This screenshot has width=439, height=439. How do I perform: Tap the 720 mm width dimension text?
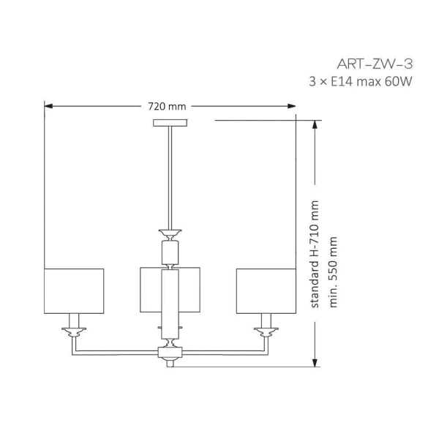[x=168, y=107]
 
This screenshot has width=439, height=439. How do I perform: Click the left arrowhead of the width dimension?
[x=48, y=107]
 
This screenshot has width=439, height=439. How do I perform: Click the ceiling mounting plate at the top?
[x=170, y=122]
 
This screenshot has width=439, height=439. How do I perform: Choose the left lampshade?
[x=74, y=290]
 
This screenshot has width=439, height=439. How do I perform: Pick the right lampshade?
[x=265, y=290]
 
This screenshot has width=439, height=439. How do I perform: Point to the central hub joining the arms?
[x=170, y=353]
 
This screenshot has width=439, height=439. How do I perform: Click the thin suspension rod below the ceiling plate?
[x=170, y=176]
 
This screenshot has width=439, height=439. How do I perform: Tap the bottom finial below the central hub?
[x=170, y=363]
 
